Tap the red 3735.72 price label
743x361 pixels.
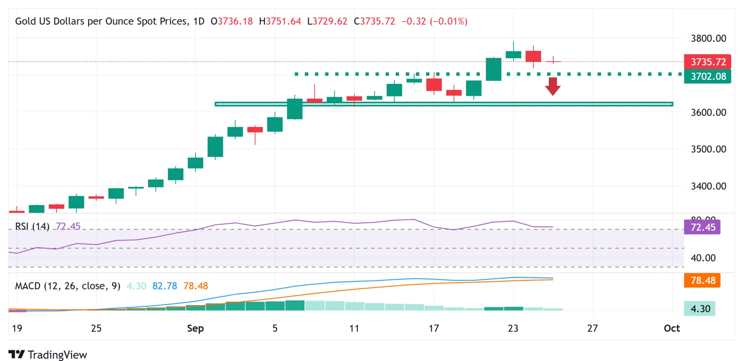tap(707, 62)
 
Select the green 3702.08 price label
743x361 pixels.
tap(707, 76)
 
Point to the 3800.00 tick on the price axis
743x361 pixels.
tap(708, 38)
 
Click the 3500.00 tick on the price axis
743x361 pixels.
tap(708, 149)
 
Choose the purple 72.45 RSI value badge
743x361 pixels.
tap(702, 227)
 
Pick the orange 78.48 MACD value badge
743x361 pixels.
tap(702, 280)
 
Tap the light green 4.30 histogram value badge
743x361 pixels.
tap(699, 309)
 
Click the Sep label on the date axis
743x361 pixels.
tap(195, 328)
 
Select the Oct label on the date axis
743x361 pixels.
tap(672, 328)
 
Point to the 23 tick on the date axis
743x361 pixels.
tap(513, 328)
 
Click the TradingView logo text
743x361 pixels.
tap(57, 355)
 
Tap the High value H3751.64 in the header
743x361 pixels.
tap(280, 21)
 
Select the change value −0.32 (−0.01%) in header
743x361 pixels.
tap(434, 21)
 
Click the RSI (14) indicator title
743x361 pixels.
tap(32, 226)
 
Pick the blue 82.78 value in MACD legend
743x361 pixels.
tap(164, 286)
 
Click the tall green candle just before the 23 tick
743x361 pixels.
tap(493, 69)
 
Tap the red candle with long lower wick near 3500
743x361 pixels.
tap(255, 130)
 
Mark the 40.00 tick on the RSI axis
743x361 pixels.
tap(703, 258)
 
